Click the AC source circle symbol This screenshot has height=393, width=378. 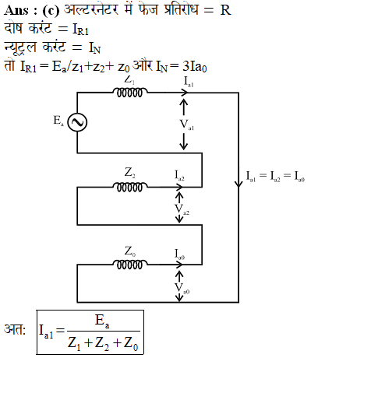(x=77, y=122)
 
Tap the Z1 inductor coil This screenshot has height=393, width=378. (x=129, y=93)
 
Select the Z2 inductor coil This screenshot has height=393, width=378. (x=129, y=187)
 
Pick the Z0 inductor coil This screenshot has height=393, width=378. (x=129, y=265)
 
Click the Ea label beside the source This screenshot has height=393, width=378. (x=58, y=121)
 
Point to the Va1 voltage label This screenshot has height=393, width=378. (x=187, y=125)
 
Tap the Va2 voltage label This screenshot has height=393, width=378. (x=182, y=209)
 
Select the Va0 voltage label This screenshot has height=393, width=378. (x=182, y=288)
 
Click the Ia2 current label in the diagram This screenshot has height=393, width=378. (x=179, y=175)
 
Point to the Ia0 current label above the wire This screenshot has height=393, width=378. (x=179, y=254)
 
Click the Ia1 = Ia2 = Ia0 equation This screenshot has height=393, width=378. (x=275, y=177)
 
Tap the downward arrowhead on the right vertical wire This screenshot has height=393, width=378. (x=238, y=184)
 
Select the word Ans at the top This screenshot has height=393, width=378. (x=16, y=10)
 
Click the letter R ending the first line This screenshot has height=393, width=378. (x=225, y=10)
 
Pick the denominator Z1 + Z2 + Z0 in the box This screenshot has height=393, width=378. (x=103, y=343)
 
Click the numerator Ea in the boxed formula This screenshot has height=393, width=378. (x=102, y=321)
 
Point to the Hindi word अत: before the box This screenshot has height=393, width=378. (x=15, y=330)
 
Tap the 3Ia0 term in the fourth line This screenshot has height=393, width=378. (x=195, y=66)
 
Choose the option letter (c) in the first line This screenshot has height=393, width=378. (x=51, y=11)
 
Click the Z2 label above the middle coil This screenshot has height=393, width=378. (x=129, y=173)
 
